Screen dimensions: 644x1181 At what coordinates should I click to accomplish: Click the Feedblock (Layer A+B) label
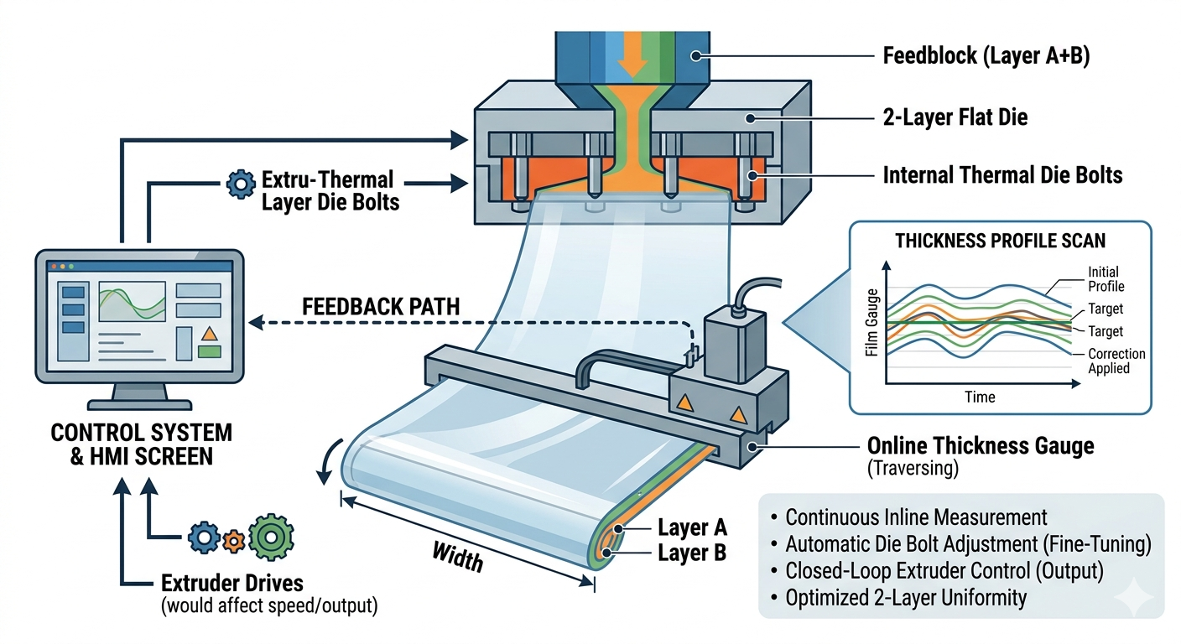click(986, 57)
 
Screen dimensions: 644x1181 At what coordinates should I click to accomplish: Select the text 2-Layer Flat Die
click(955, 117)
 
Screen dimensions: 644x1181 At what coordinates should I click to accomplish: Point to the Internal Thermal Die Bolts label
click(1002, 175)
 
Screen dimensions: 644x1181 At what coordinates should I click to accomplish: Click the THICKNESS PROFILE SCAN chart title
click(1000, 241)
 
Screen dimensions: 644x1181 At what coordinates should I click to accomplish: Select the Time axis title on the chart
click(979, 397)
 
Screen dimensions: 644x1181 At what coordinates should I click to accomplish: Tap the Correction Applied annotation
click(1116, 361)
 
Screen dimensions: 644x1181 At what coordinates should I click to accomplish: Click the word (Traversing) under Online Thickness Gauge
click(913, 469)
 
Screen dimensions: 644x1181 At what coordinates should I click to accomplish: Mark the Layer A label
click(692, 528)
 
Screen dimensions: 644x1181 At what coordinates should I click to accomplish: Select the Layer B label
click(692, 553)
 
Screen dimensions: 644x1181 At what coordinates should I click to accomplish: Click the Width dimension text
click(458, 555)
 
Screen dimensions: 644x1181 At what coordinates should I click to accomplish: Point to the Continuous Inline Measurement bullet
click(917, 517)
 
